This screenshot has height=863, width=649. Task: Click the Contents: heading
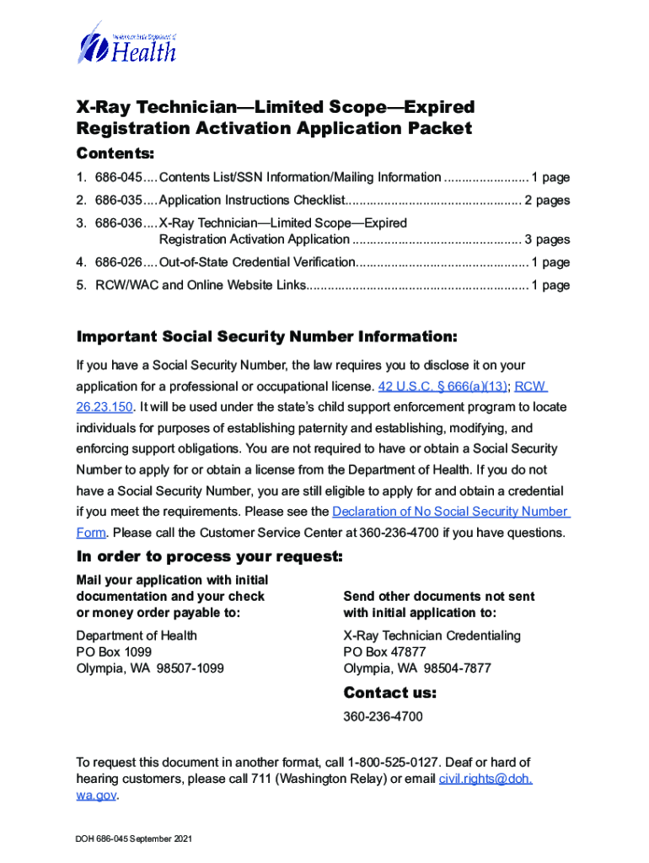pos(115,153)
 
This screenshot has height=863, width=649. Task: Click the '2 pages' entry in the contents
pos(547,201)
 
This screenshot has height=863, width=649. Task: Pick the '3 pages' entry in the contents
pos(547,239)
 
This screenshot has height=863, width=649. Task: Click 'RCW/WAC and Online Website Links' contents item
pos(190,285)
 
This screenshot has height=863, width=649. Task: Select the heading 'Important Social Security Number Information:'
pos(267,337)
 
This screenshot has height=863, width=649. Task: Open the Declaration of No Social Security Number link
pos(451,512)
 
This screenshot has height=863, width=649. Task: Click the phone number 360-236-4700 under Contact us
pos(383,717)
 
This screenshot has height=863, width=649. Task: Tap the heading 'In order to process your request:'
pos(210,557)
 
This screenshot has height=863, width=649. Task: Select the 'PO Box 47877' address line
pos(384,652)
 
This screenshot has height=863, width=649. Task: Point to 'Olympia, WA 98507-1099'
pos(150,669)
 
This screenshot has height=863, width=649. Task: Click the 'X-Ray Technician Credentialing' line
pos(432,635)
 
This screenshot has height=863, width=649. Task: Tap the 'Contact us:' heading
pos(389,694)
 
